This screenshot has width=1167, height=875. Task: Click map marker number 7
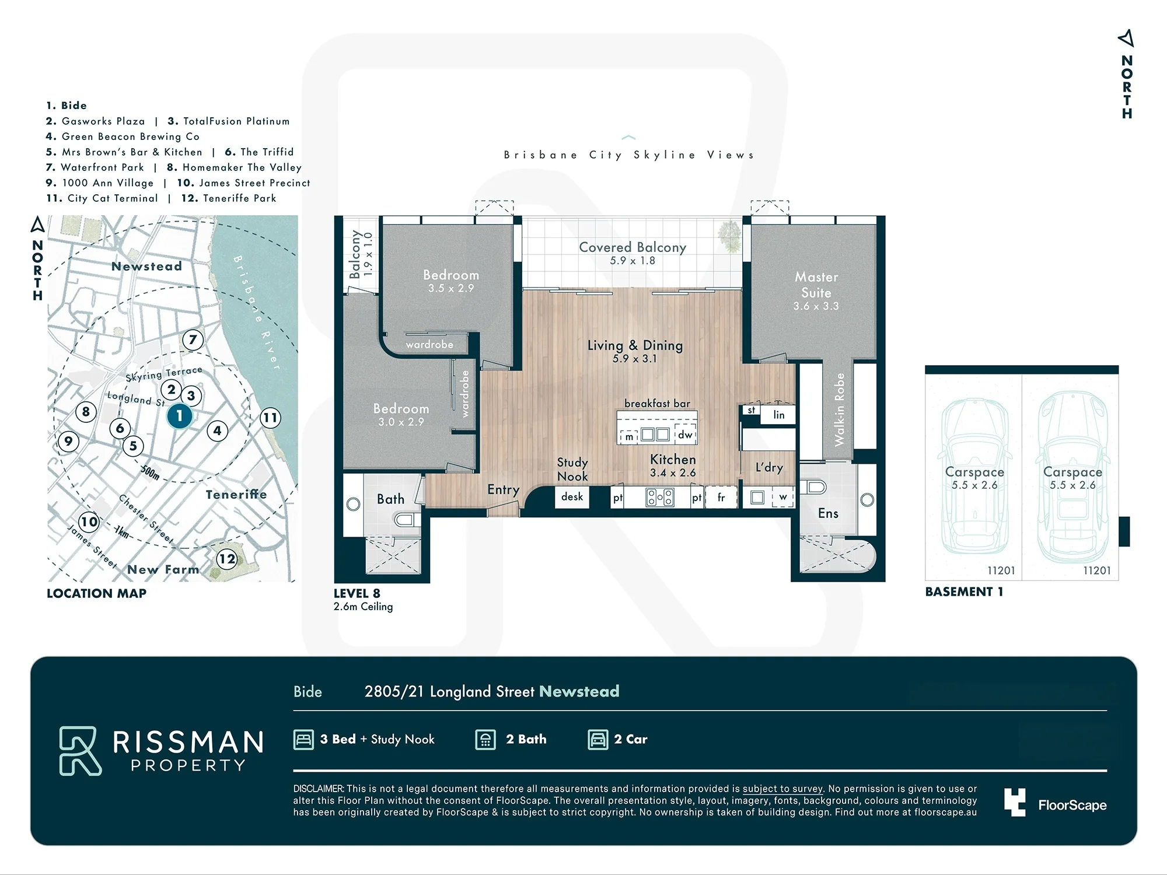click(x=193, y=339)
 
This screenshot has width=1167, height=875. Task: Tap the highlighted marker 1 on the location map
click(x=180, y=416)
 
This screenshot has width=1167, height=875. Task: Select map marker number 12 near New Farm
click(x=227, y=559)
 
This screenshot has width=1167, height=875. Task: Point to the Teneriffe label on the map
click(x=236, y=495)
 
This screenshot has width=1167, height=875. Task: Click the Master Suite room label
click(x=816, y=285)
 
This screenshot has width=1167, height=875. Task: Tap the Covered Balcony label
click(x=633, y=247)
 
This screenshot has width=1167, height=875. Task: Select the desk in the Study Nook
click(x=572, y=497)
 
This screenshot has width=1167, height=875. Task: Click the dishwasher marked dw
click(x=685, y=435)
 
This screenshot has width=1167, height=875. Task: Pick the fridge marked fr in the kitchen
click(x=721, y=498)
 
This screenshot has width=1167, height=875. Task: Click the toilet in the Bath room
click(x=406, y=519)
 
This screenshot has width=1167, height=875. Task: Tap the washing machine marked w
click(x=782, y=497)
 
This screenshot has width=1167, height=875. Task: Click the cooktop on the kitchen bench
click(x=660, y=498)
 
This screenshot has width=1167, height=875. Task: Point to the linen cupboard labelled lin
click(x=778, y=415)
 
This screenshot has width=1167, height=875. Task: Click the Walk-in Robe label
click(x=839, y=409)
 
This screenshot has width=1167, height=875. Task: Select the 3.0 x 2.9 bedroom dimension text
click(x=401, y=422)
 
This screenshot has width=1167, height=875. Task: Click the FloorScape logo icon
click(x=1015, y=802)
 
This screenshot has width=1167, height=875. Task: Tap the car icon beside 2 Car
click(x=598, y=740)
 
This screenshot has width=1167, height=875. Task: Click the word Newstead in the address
click(x=579, y=691)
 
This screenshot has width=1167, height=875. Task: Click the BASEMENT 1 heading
click(x=964, y=591)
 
